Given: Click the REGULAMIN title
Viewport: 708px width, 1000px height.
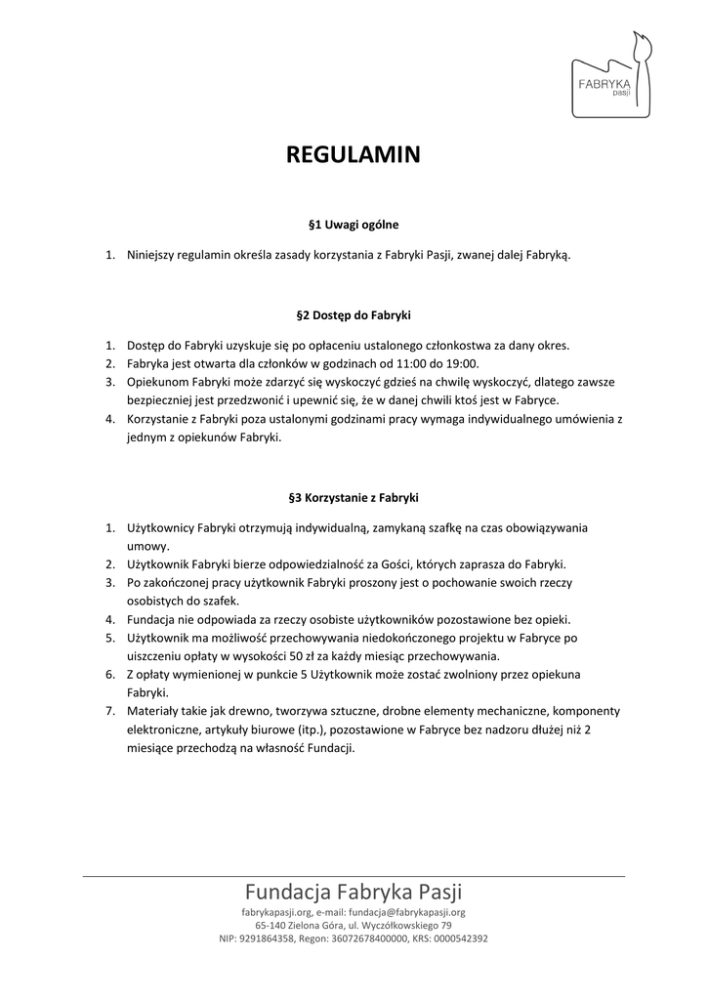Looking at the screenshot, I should click(353, 155).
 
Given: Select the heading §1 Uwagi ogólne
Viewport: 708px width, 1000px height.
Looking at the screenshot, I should click(353, 224).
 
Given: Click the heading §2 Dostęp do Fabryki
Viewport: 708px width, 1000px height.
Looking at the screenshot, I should click(353, 315).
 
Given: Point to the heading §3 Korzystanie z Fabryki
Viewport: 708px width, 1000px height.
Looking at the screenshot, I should click(353, 497).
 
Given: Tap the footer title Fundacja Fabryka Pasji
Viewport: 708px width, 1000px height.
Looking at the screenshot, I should click(354, 892).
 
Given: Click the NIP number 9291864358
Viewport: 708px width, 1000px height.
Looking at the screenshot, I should click(271, 939).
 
